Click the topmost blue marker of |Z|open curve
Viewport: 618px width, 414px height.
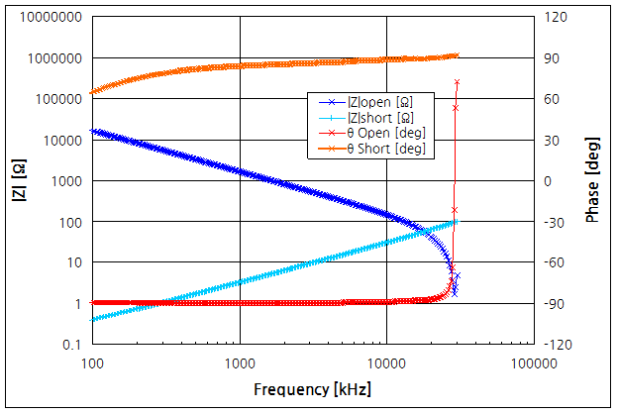457,82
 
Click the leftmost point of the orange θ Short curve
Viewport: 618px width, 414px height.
93,92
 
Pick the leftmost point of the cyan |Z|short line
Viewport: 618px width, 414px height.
93,319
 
